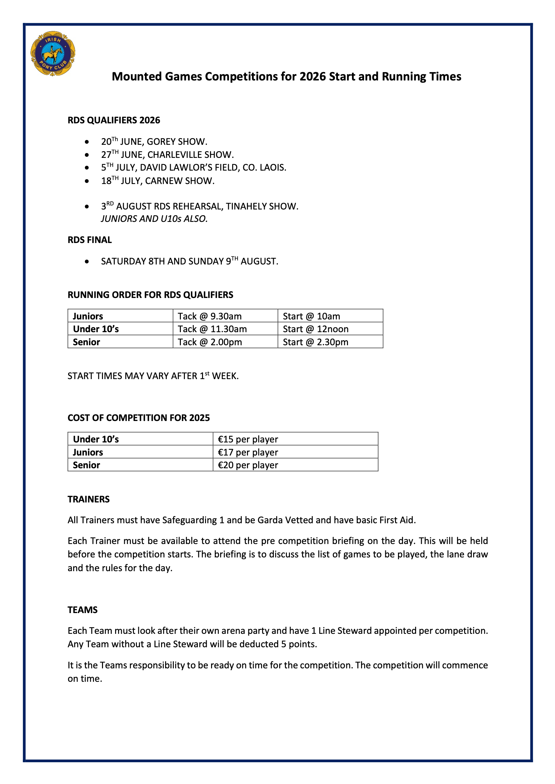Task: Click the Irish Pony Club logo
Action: tap(53, 54)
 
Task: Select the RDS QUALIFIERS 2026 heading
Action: tap(114, 120)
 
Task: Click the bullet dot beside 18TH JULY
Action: tap(87, 181)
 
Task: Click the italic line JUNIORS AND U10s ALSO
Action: tap(154, 219)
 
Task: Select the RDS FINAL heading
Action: tap(90, 240)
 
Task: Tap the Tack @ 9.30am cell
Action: tap(209, 316)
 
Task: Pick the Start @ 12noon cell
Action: tap(315, 329)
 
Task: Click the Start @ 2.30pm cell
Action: tap(315, 342)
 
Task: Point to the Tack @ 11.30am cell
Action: tap(212, 329)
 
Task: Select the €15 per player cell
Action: tap(248, 439)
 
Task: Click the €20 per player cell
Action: tap(248, 465)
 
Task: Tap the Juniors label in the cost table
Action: tap(88, 452)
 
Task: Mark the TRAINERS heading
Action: tap(89, 499)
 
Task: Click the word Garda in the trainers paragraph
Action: tap(270, 520)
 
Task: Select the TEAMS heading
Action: tap(82, 610)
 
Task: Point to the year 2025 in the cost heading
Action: tap(200, 418)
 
